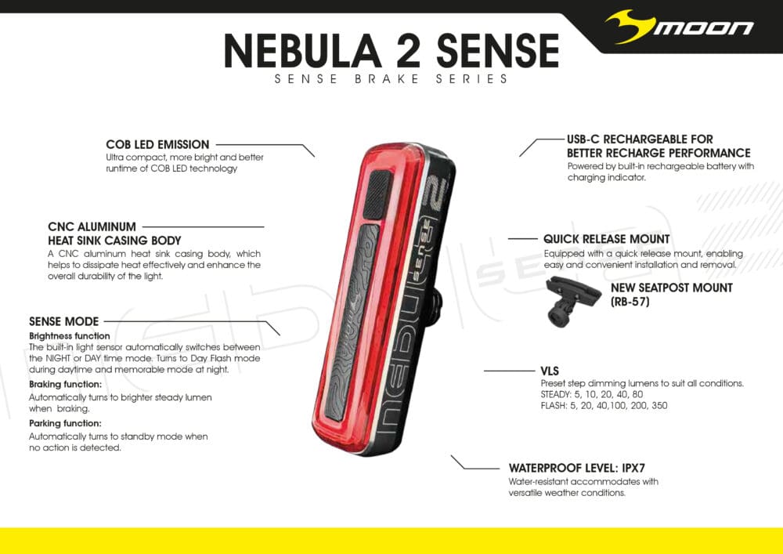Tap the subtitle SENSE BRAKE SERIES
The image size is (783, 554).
tap(391, 79)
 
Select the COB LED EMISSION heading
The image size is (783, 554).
tap(157, 145)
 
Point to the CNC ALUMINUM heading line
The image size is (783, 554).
tap(92, 227)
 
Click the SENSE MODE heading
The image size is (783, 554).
tap(63, 321)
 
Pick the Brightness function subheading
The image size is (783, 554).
tap(69, 336)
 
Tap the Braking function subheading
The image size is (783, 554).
tap(65, 385)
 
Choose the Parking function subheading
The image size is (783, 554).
tap(65, 423)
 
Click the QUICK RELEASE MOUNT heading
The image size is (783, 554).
tap(606, 239)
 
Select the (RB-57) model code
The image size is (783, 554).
tap(630, 302)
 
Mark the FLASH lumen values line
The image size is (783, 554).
tap(604, 406)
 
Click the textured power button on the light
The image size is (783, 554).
tap(379, 193)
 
